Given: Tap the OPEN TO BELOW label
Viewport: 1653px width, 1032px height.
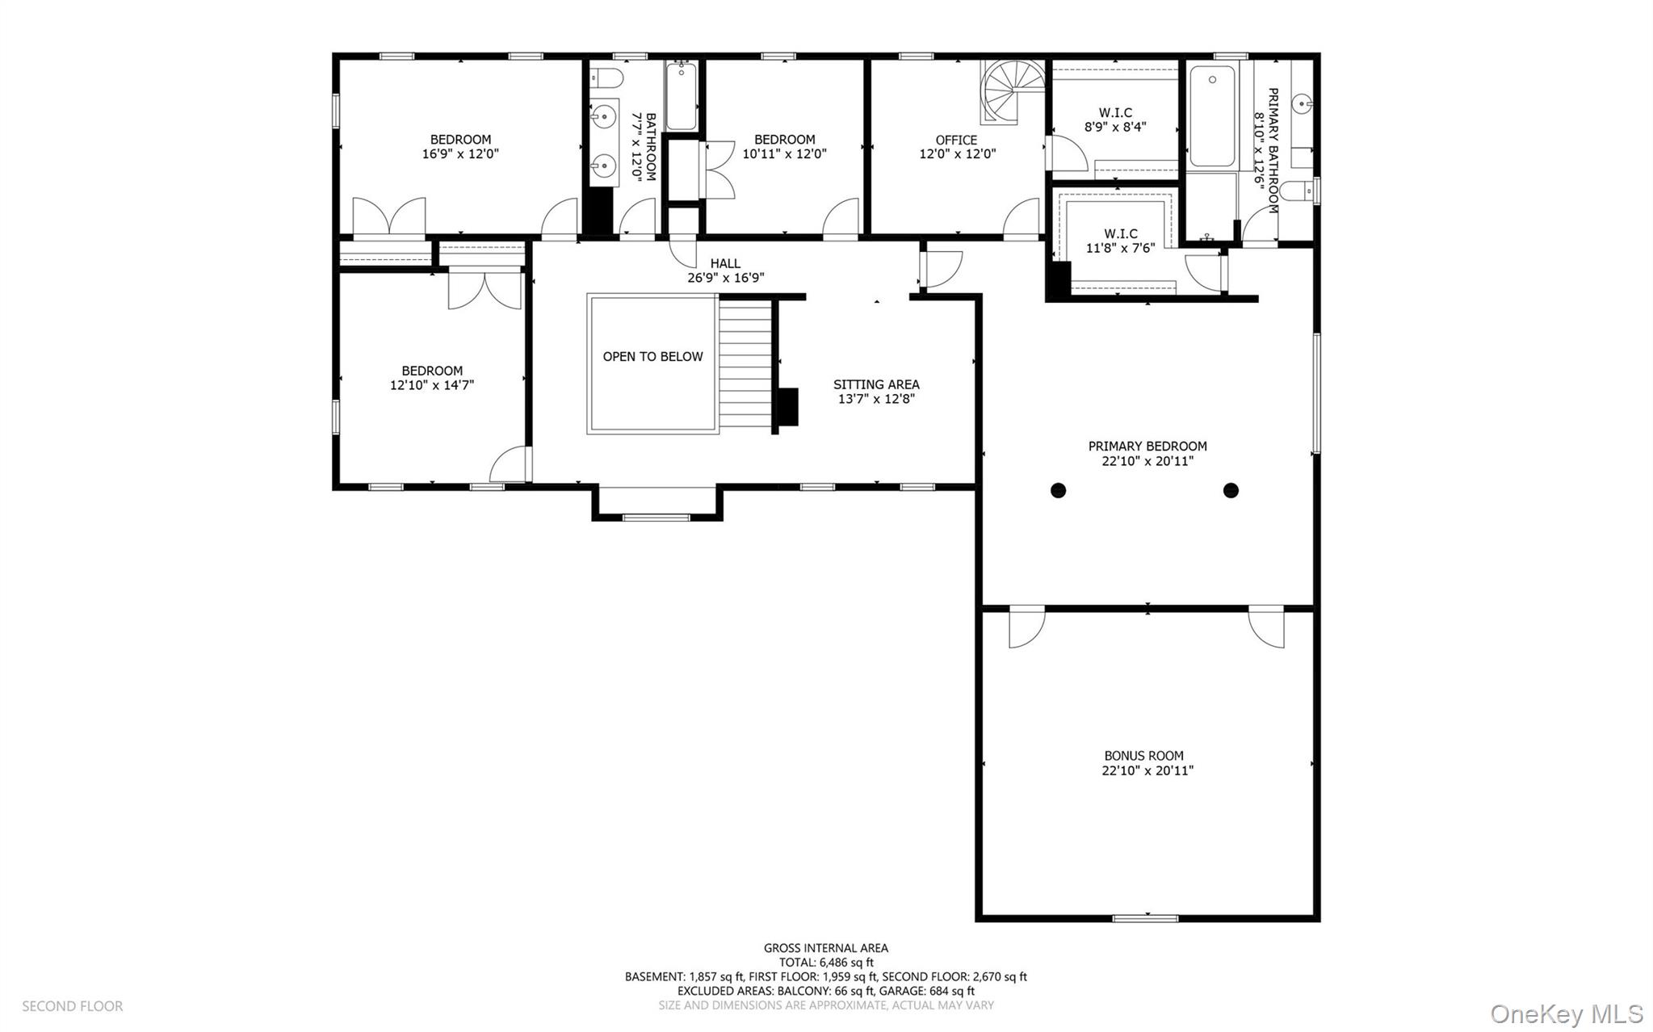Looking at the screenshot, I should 652,356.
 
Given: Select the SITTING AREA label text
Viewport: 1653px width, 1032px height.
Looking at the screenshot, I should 876,384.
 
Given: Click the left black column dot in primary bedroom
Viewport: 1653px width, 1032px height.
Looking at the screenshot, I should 1058,490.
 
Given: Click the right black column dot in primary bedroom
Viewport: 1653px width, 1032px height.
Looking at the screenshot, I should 1231,490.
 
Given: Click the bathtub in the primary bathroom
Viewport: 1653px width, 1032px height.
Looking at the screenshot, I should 1211,117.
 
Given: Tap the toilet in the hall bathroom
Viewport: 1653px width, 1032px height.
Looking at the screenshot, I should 606,78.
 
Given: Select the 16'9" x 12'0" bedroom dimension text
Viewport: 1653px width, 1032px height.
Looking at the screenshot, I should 460,153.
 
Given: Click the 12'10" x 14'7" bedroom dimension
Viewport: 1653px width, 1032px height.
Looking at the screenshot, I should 431,385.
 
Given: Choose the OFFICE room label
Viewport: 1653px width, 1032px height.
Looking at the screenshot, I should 956,140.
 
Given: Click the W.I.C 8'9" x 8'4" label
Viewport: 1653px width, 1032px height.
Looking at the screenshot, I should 1115,120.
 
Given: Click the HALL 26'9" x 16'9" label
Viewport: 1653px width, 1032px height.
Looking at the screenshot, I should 725,271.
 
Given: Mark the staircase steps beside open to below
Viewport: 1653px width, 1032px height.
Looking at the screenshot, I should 745,363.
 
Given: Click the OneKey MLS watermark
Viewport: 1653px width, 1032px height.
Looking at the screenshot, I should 1566,1013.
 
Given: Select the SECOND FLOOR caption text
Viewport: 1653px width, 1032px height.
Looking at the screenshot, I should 72,1006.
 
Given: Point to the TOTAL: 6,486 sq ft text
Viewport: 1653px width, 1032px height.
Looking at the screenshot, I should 825,963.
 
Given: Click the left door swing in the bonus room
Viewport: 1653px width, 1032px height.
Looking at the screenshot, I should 1025,628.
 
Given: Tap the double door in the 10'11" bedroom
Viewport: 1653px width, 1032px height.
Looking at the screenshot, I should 719,170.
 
